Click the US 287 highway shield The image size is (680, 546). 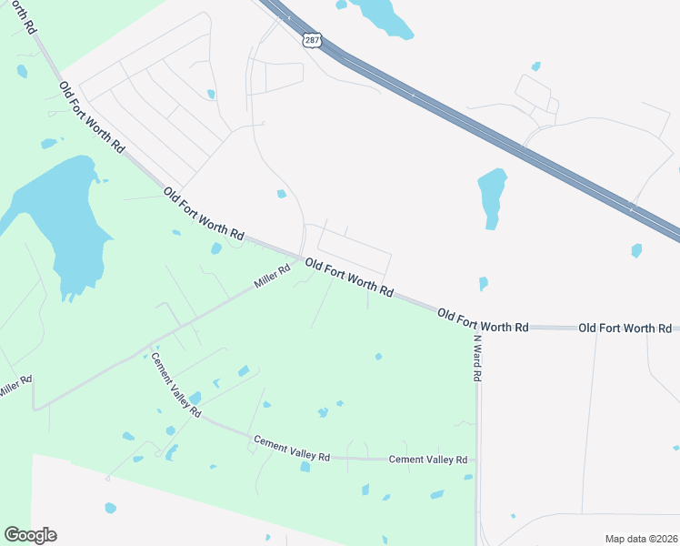pos(311,41)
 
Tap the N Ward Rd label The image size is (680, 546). pos(476,357)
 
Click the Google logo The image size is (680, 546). pos(30,535)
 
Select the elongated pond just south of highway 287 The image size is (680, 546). pos(491,196)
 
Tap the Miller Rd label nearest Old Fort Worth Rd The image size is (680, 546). pos(272,276)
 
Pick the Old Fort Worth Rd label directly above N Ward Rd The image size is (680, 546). pos(483,320)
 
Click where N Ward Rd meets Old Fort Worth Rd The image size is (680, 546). pos(476,326)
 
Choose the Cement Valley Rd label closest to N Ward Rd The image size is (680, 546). pos(427,460)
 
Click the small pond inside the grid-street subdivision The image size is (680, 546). pos(211,94)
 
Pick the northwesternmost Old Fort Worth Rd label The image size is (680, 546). pos(91,116)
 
